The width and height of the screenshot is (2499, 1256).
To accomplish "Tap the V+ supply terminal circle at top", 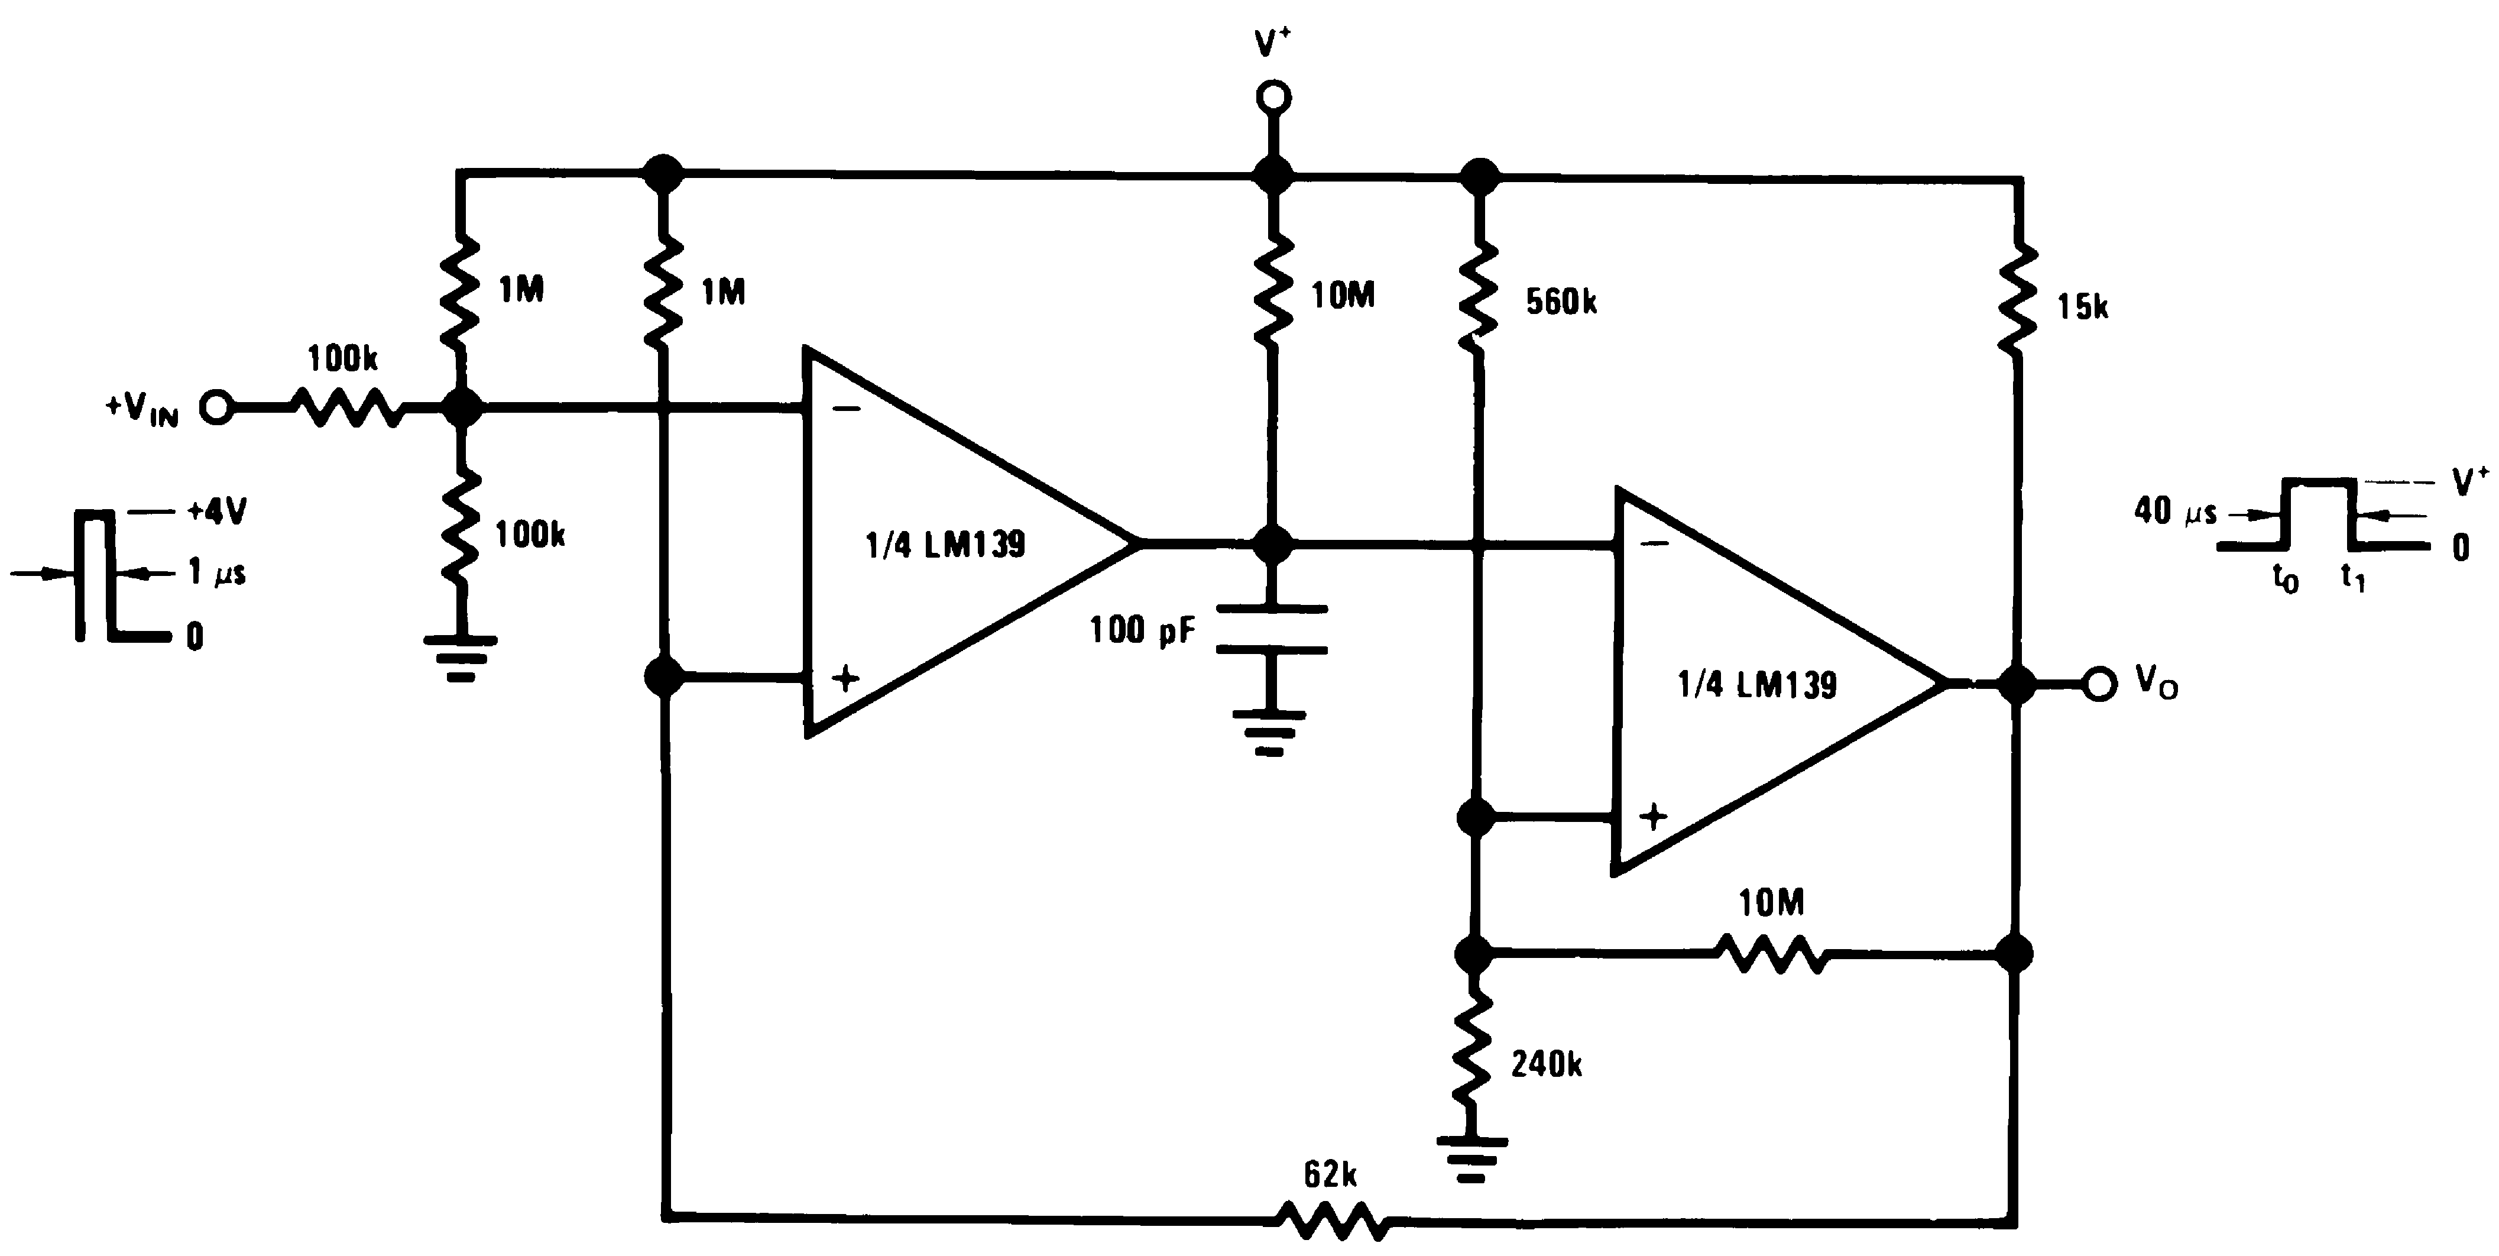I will point(1273,97).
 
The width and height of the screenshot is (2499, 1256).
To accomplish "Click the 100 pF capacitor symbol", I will point(1272,629).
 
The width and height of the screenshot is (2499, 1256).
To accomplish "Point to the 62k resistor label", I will point(1330,1176).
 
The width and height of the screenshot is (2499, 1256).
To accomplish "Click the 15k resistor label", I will point(2082,307).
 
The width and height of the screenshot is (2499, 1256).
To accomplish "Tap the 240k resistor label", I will point(1547,1065).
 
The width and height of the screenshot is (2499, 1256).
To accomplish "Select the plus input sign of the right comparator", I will point(1653,817).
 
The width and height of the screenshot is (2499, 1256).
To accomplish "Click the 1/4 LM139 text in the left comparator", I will point(945,545).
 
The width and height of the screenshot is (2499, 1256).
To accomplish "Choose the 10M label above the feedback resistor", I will point(1771,904).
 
